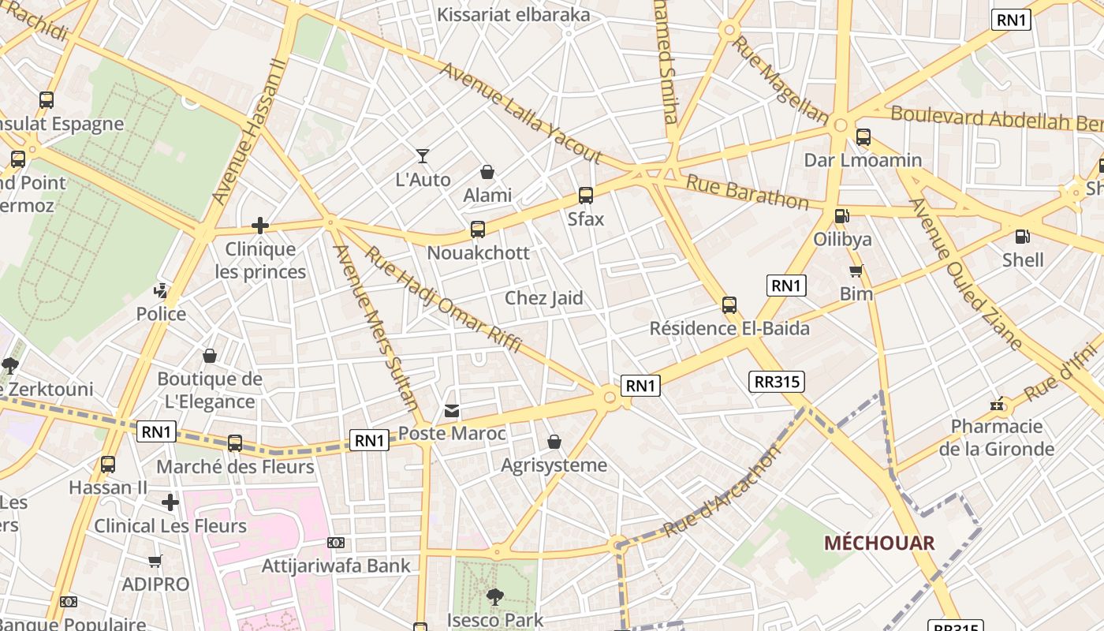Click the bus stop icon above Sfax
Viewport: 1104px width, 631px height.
pyautogui.click(x=585, y=196)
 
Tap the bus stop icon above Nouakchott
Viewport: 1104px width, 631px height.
pyautogui.click(x=477, y=230)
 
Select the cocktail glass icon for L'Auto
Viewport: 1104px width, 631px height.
pyautogui.click(x=423, y=156)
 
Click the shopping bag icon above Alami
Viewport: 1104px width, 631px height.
pyautogui.click(x=487, y=171)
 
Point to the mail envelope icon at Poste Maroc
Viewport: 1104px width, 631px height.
pyautogui.click(x=452, y=410)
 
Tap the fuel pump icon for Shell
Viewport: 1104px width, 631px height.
pyautogui.click(x=1022, y=236)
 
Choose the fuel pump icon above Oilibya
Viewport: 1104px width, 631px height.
pyautogui.click(x=841, y=215)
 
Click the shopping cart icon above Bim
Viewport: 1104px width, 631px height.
pyautogui.click(x=856, y=271)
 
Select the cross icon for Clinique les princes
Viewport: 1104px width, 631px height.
pyautogui.click(x=260, y=226)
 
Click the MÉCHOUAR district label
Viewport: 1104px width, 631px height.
pyautogui.click(x=879, y=543)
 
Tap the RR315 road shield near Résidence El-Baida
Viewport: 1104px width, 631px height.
pyautogui.click(x=777, y=382)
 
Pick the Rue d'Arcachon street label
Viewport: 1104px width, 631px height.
pyautogui.click(x=722, y=491)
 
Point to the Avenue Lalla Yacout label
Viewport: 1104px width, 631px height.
pyautogui.click(x=520, y=113)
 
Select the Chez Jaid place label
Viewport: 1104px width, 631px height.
pyautogui.click(x=543, y=298)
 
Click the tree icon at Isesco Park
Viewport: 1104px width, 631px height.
pyautogui.click(x=494, y=596)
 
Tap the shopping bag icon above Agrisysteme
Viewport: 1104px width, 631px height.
pyautogui.click(x=554, y=442)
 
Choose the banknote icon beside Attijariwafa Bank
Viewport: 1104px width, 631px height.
pyautogui.click(x=336, y=543)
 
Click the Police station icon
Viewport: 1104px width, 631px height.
pyautogui.click(x=161, y=290)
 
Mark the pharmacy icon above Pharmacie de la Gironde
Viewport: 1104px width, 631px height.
pyautogui.click(x=998, y=404)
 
